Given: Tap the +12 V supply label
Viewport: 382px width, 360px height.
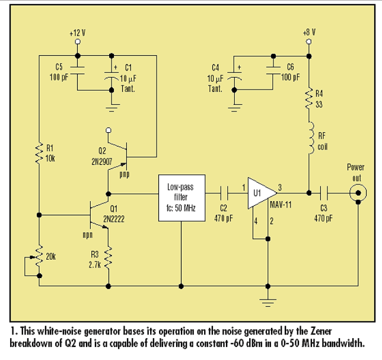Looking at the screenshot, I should point(77,34).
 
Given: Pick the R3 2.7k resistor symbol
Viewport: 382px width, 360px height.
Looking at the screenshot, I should point(109,257).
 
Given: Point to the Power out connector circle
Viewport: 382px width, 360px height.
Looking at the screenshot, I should point(358,192).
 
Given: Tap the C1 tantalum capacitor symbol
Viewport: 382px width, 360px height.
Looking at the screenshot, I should point(112,76).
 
